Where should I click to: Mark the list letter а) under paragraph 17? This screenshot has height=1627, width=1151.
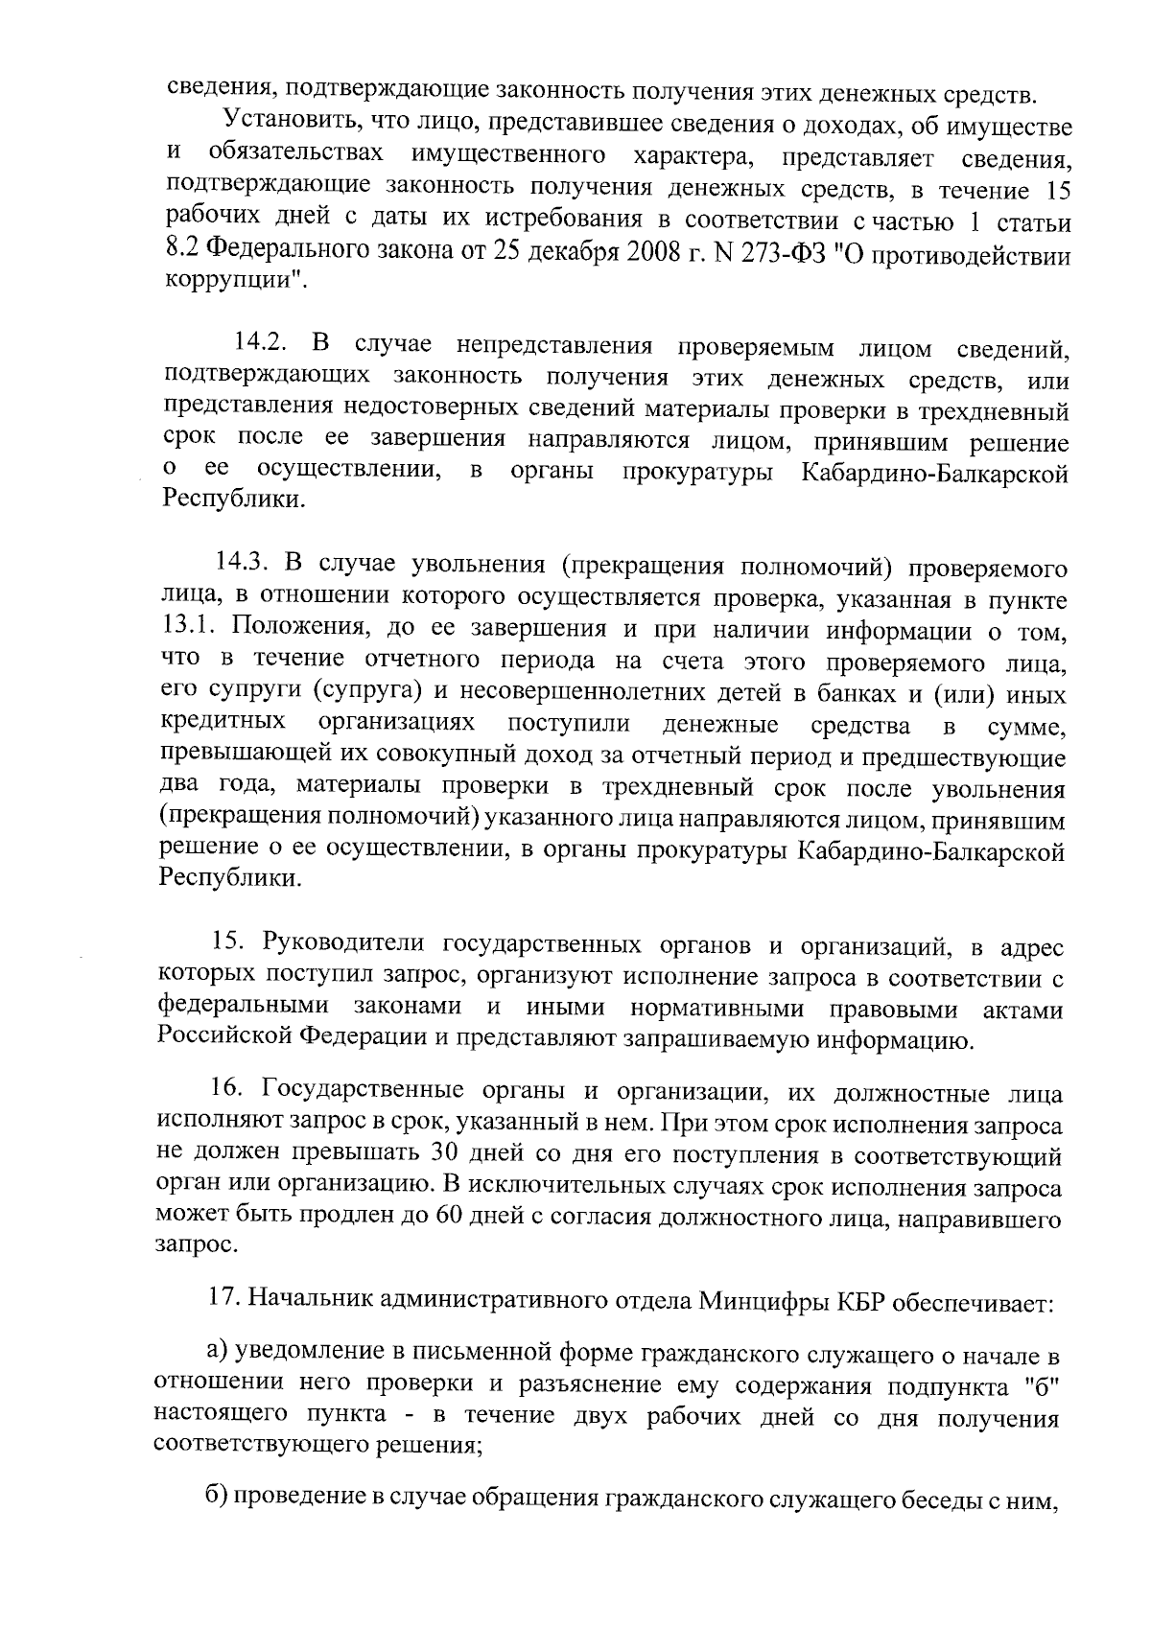[219, 1354]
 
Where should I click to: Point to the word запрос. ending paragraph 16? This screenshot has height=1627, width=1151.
[197, 1248]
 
